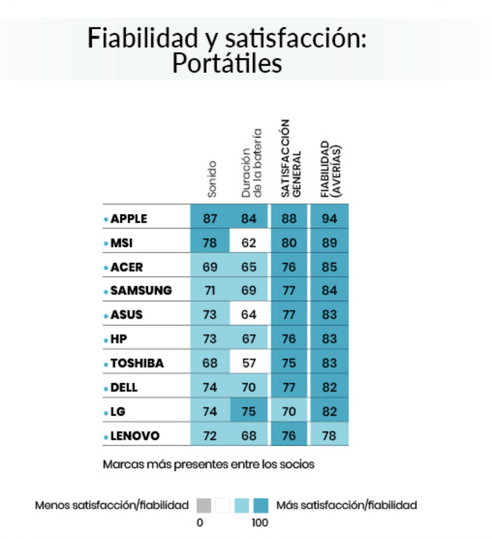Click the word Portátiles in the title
pos(227,63)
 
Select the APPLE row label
pos(128,219)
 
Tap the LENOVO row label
pos(135,436)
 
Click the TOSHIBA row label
pos(137,364)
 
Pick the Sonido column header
pos(212,179)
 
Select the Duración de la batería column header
pos(252,163)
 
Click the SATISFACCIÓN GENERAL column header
pos(292,158)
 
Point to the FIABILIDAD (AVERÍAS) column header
pos(331,168)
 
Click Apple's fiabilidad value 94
pos(329,219)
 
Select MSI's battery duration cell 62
pos(249,243)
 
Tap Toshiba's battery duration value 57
pos(249,364)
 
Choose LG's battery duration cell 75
pos(249,412)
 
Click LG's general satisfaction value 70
pos(289,412)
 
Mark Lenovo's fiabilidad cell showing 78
pos(329,436)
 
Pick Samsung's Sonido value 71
pos(210,291)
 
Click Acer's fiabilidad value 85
pos(329,267)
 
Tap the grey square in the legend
pos(203,506)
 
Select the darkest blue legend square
pos(261,506)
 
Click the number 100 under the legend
pos(260,523)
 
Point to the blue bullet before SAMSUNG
pos(106,292)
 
